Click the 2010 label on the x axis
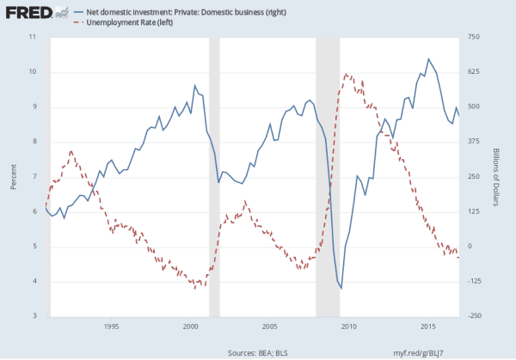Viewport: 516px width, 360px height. tap(349, 326)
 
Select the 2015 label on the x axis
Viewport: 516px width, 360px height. tap(428, 326)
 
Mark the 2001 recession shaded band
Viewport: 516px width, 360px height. tap(215, 176)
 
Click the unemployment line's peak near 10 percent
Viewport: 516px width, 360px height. tap(345, 75)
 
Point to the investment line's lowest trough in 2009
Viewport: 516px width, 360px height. tap(341, 288)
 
